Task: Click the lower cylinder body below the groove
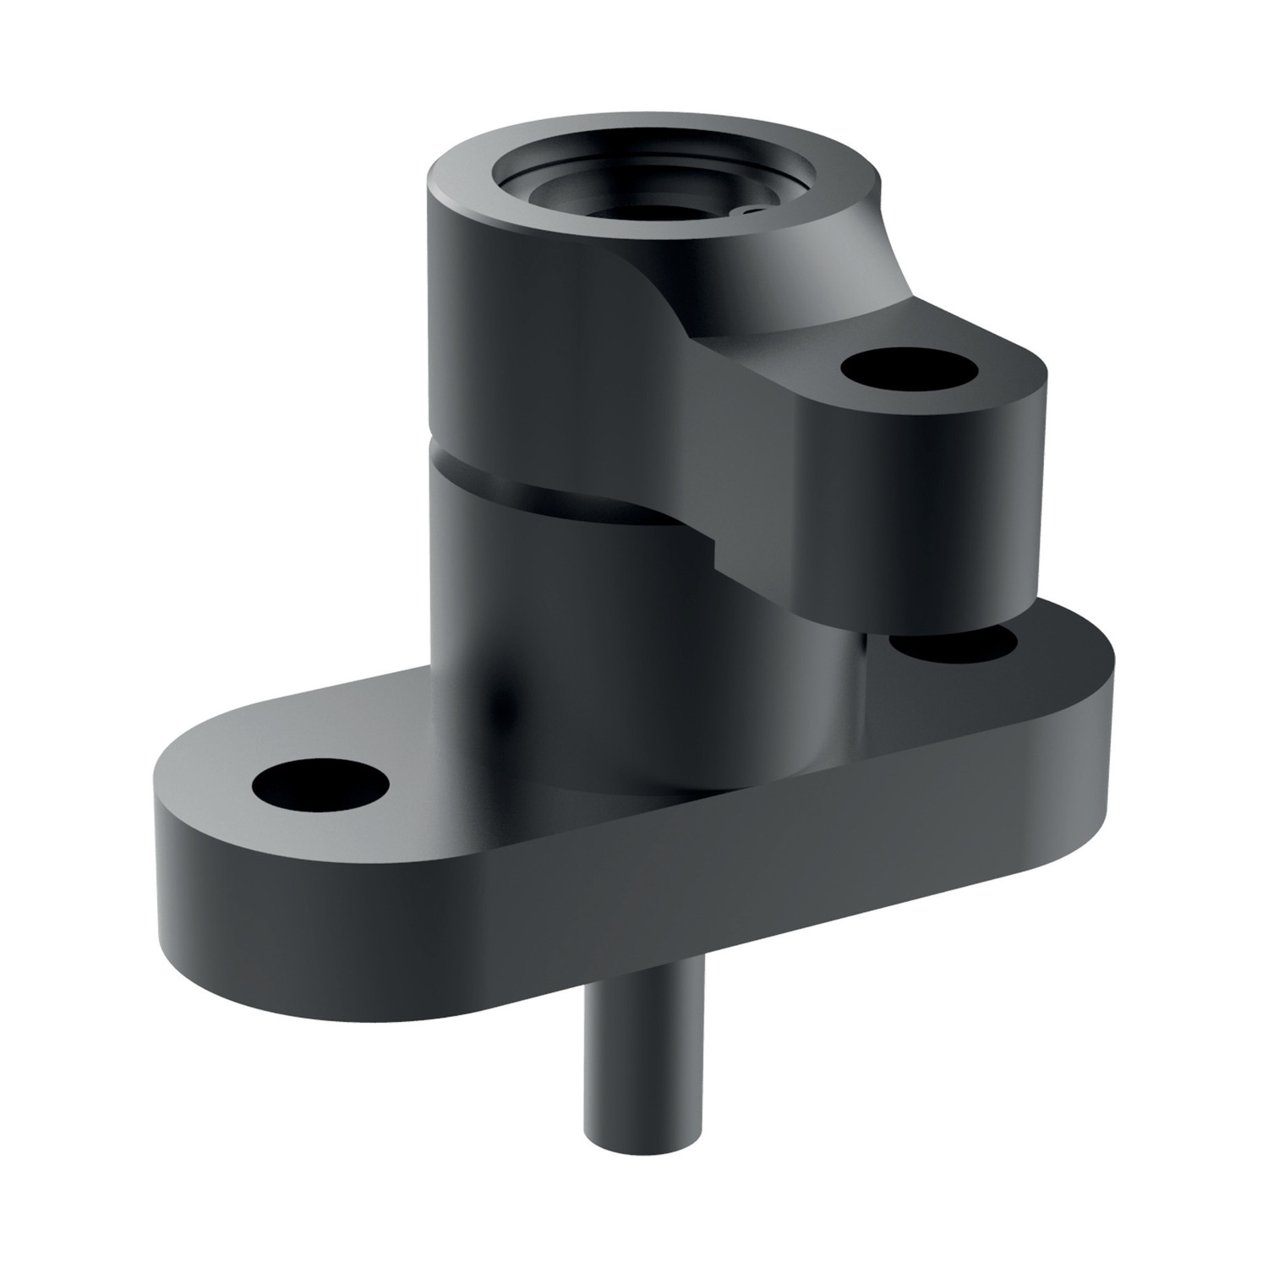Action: (x=592, y=642)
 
